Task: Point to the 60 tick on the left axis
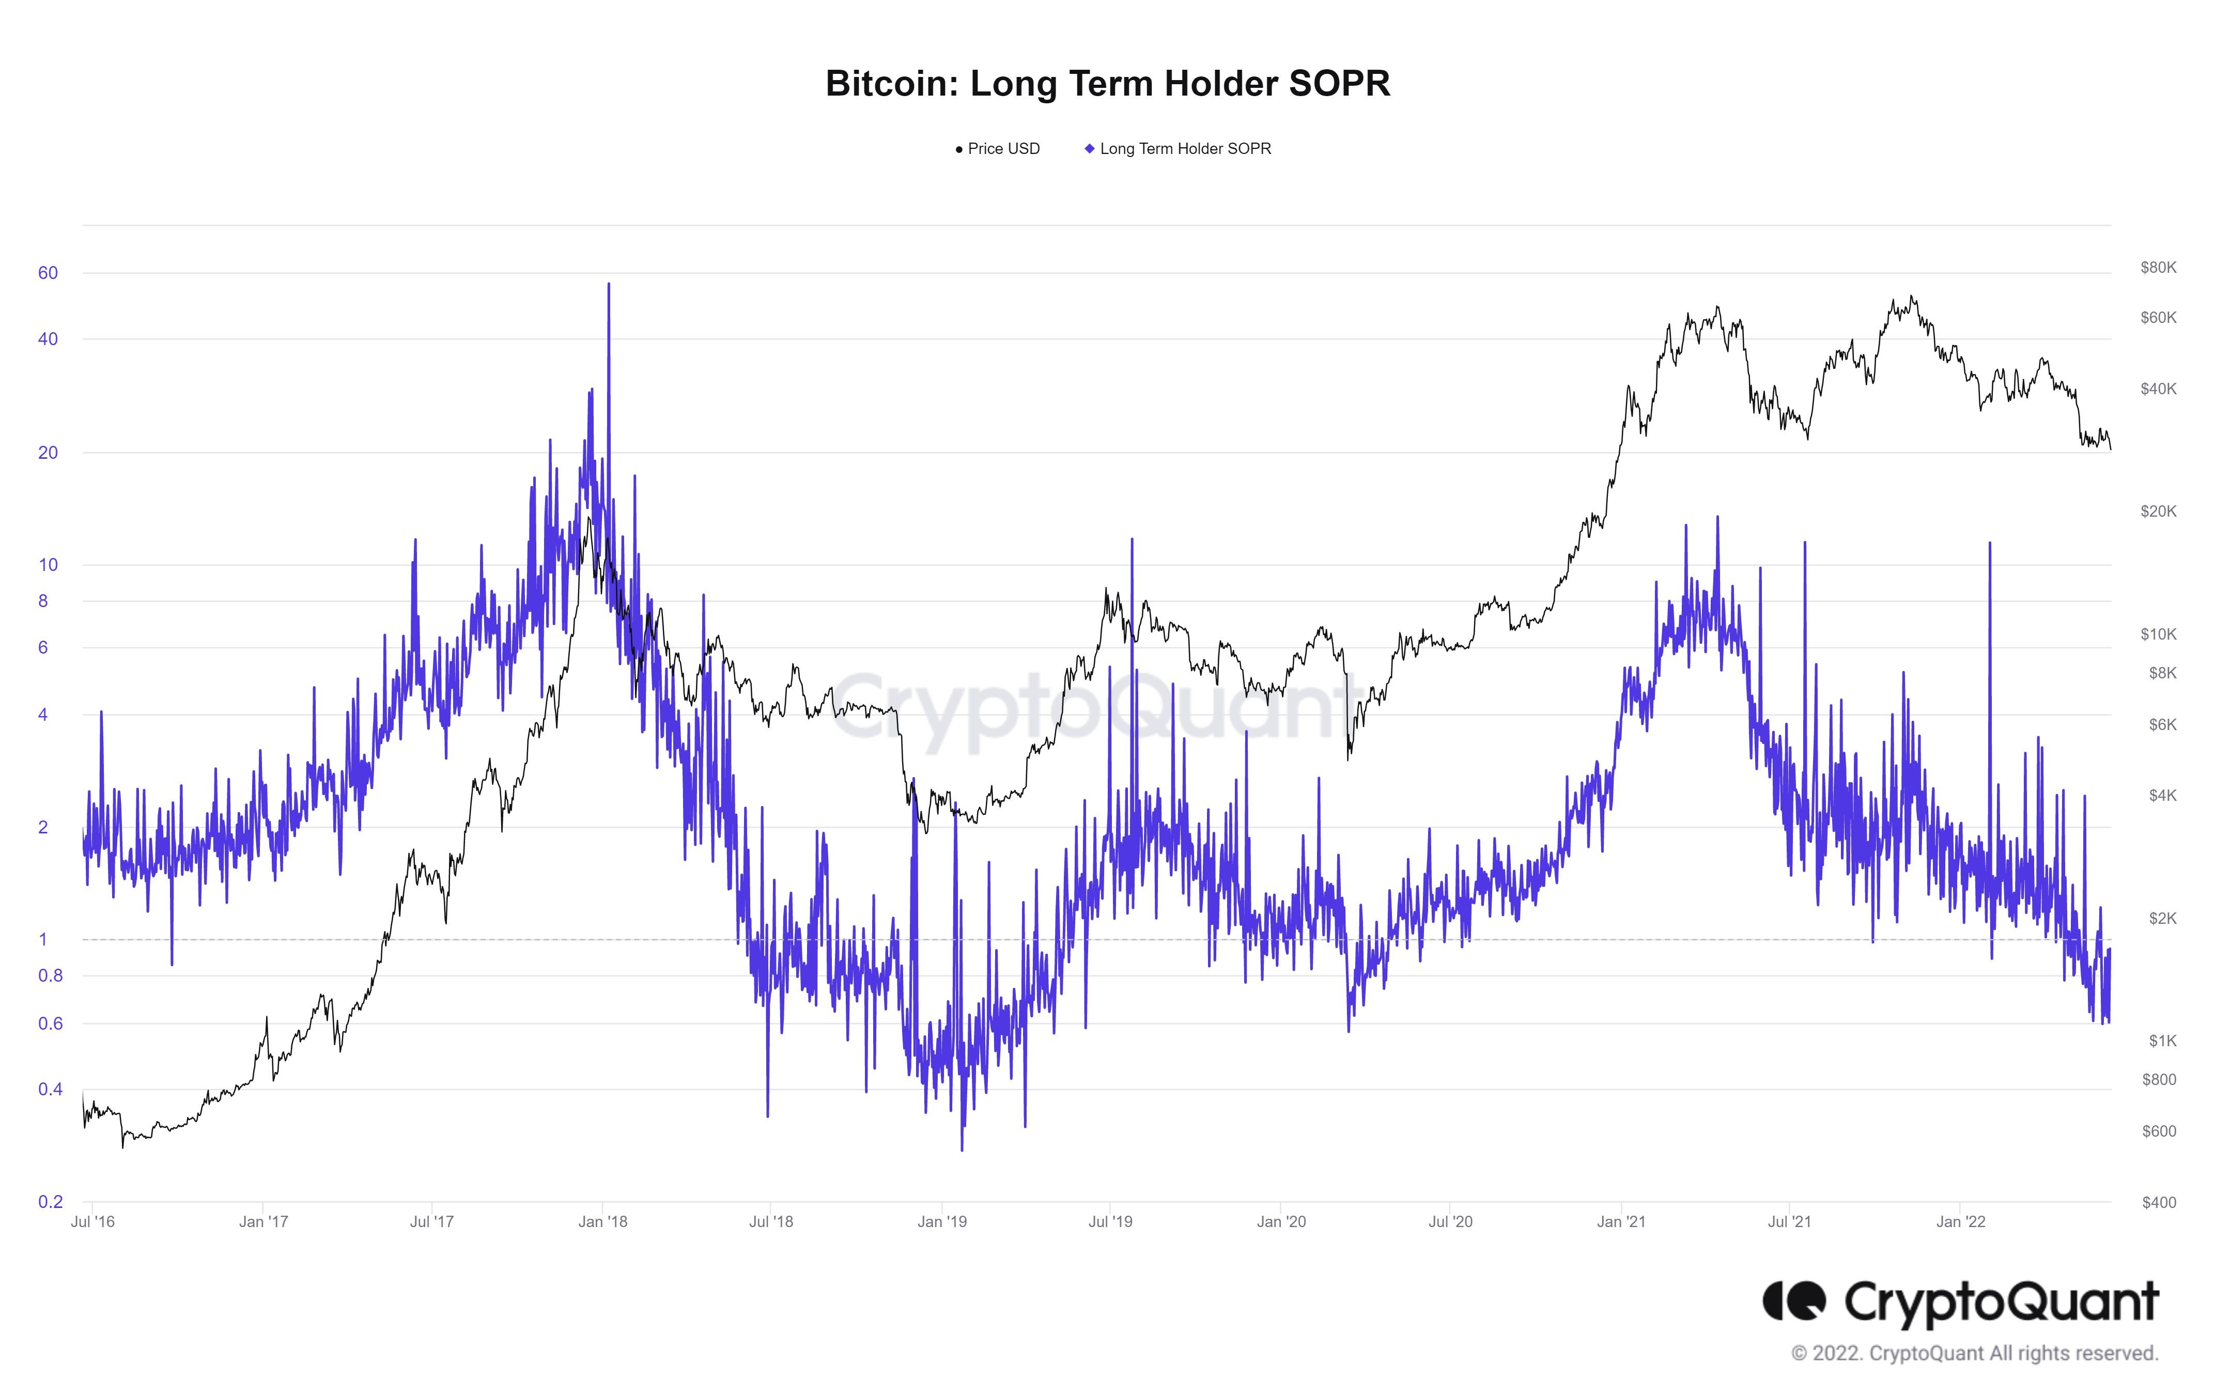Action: (48, 273)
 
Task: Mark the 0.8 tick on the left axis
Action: (51, 975)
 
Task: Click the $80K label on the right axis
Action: (2157, 268)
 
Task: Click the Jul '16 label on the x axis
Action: (93, 1222)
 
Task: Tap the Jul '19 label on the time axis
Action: (1110, 1222)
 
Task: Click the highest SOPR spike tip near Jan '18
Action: (608, 284)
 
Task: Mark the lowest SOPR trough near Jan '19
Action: (962, 1150)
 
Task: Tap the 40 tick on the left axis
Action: (48, 339)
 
